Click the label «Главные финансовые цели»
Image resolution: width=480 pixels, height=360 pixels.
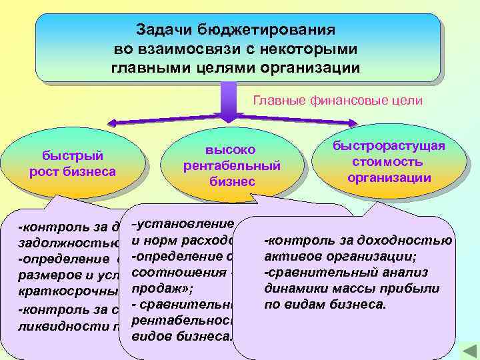point(338,101)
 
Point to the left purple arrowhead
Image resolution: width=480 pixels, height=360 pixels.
point(115,123)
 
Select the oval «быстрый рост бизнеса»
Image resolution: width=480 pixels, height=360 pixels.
point(73,164)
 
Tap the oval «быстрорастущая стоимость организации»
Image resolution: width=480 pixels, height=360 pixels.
point(389,162)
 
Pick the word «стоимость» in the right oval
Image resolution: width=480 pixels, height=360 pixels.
point(389,162)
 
